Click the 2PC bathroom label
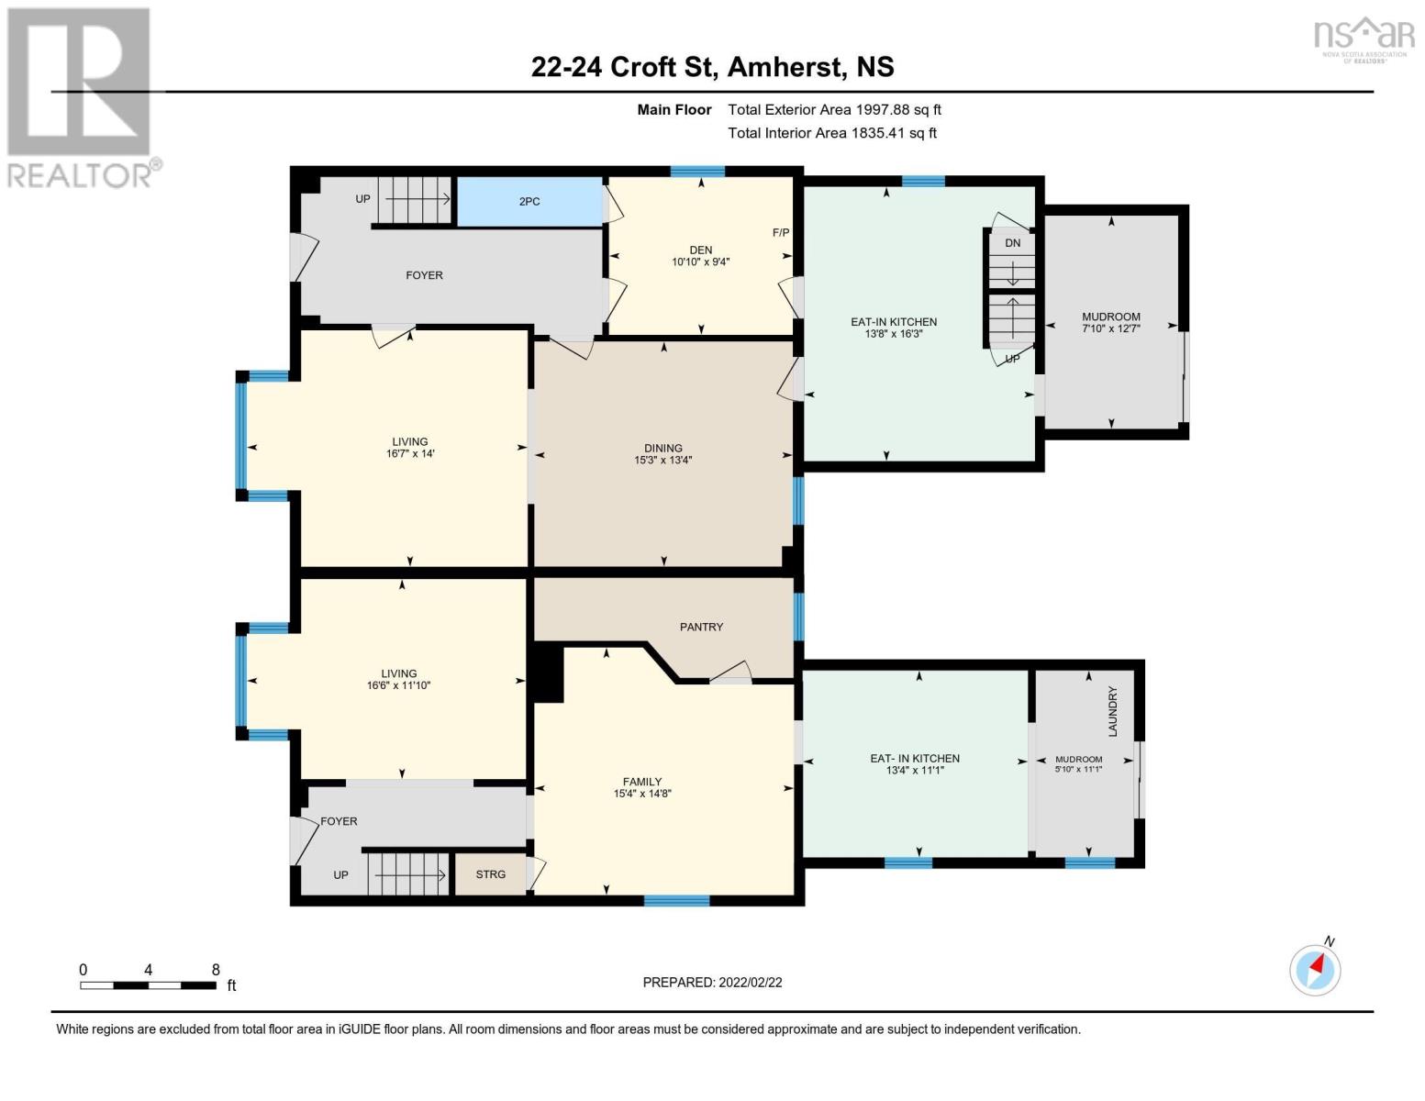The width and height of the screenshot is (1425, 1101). [529, 201]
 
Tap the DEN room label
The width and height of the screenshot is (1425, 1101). [701, 250]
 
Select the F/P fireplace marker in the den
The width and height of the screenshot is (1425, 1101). [781, 233]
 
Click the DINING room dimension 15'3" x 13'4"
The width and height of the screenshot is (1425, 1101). [662, 461]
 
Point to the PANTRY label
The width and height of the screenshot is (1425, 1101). [701, 627]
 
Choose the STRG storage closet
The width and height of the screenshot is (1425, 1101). [491, 874]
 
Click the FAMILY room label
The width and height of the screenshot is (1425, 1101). [642, 782]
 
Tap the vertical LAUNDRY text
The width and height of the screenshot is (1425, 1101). [1113, 711]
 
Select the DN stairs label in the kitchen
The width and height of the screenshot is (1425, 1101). [1013, 243]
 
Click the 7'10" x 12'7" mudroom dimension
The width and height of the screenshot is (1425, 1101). [1111, 328]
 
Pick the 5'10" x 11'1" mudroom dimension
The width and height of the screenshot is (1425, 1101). [1078, 769]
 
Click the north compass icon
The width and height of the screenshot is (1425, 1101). [1315, 969]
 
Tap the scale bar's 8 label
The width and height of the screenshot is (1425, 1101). [216, 970]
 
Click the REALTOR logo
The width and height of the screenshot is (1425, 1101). [80, 96]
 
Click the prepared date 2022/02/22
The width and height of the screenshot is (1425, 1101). [751, 983]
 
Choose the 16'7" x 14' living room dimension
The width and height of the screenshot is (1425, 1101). [409, 454]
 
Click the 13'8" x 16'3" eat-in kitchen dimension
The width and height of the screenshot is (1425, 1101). [894, 334]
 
